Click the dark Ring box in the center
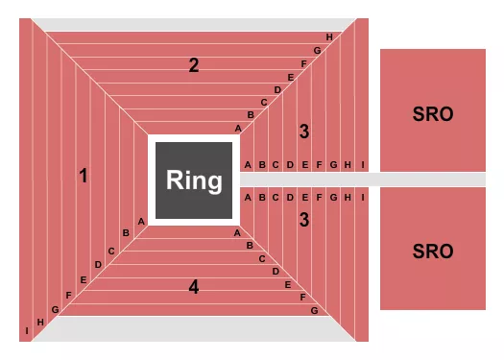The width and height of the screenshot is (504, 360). (193, 180)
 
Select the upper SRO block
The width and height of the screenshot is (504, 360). (432, 111)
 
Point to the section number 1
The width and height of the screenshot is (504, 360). (84, 176)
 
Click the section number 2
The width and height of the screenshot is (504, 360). (193, 65)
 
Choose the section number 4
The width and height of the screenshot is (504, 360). (193, 286)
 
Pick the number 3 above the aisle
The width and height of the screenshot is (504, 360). (303, 132)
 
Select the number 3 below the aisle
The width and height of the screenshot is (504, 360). (303, 220)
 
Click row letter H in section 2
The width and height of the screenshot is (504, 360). (328, 37)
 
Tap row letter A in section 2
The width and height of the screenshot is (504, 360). (238, 128)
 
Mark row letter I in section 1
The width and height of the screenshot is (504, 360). (26, 332)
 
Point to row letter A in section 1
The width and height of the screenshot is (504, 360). (141, 221)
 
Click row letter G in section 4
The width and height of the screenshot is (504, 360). (314, 310)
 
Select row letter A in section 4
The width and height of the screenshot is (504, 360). (238, 232)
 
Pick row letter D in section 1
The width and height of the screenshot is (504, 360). (97, 264)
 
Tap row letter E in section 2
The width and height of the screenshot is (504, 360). (290, 77)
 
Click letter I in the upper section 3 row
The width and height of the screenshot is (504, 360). (363, 164)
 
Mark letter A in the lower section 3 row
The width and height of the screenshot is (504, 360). (247, 198)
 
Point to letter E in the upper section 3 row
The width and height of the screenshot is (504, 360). (304, 164)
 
